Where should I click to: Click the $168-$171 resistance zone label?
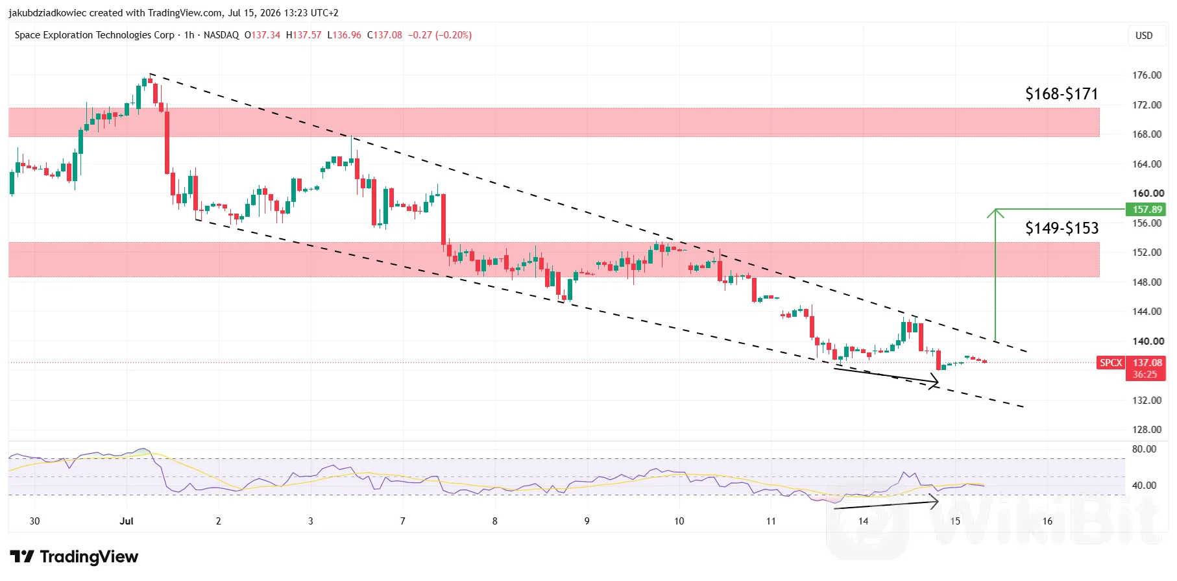(1062, 94)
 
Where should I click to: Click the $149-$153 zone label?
(1062, 228)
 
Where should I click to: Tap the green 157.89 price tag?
(1147, 209)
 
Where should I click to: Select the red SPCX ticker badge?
(1111, 363)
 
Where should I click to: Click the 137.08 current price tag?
(1147, 363)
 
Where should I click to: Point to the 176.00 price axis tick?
(1147, 75)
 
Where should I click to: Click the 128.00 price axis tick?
(1147, 430)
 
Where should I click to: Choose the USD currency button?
(1144, 36)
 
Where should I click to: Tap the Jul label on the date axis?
(127, 521)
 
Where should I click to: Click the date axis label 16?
(1047, 521)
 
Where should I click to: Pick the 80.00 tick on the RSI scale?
(1144, 449)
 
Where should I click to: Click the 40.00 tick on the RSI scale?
(1144, 486)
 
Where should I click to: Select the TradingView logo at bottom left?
(74, 557)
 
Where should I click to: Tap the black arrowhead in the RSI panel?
(935, 501)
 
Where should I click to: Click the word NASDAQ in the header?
(221, 35)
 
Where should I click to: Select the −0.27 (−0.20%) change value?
(440, 35)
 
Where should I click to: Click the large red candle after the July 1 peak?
(167, 143)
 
